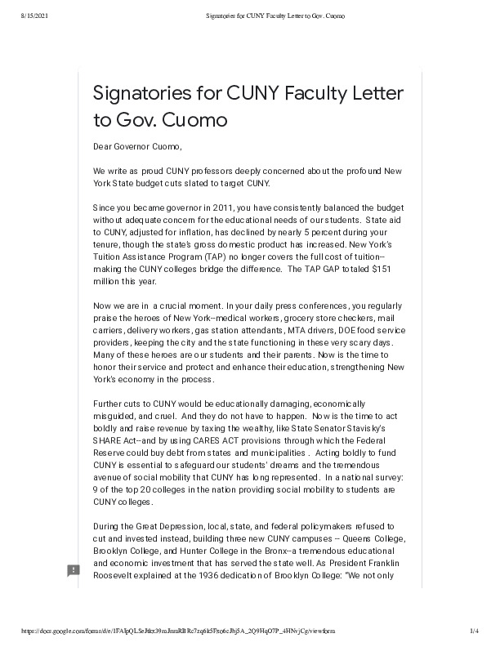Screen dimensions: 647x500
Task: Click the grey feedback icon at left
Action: tap(73, 570)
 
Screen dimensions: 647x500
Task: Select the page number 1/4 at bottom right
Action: tap(474, 631)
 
